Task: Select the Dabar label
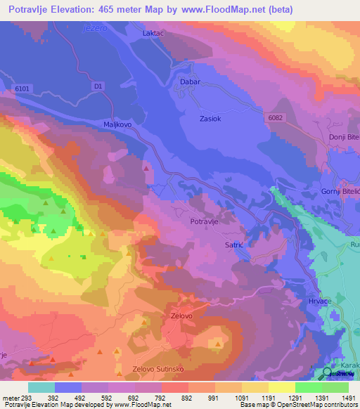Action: click(x=191, y=82)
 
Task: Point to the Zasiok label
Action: click(x=210, y=119)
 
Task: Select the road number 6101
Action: click(x=22, y=89)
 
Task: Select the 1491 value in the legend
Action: click(x=348, y=398)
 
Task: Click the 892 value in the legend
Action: click(x=188, y=398)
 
